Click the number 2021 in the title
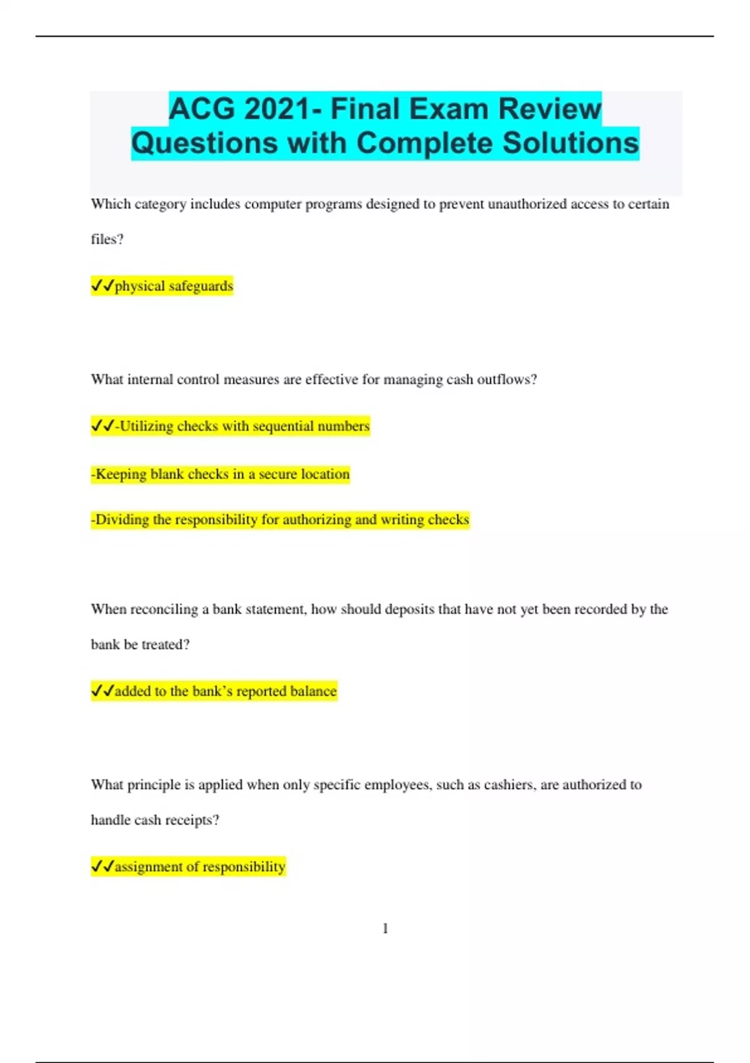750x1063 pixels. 276,109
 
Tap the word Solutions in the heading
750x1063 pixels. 571,143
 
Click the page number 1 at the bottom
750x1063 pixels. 385,929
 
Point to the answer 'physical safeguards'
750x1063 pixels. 174,286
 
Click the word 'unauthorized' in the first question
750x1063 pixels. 527,204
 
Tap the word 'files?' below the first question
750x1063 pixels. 107,239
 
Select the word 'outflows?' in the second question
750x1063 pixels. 507,380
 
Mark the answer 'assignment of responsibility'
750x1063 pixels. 200,867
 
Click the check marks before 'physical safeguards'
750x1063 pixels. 102,286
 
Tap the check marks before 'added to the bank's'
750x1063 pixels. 102,691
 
